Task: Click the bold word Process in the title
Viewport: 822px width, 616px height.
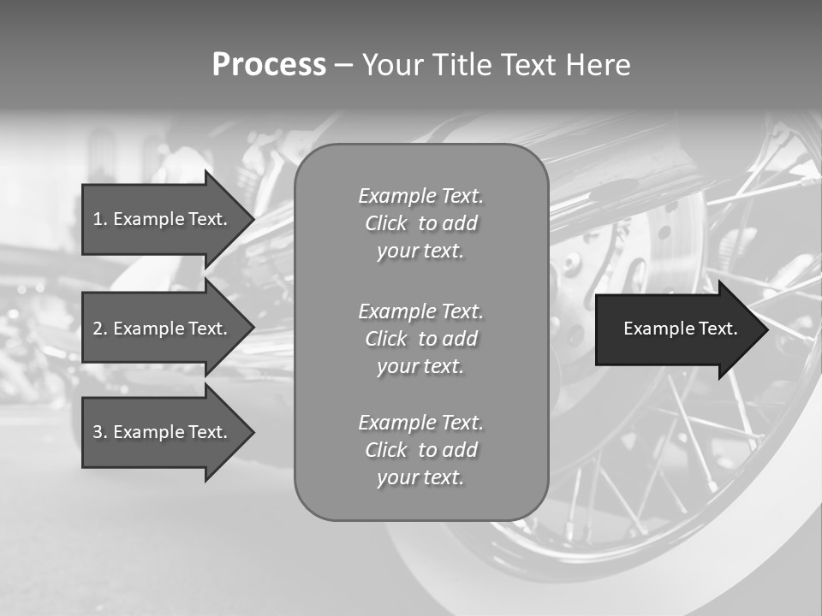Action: point(269,65)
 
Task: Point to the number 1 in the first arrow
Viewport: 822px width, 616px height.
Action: point(98,219)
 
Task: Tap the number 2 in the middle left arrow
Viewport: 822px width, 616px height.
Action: point(98,329)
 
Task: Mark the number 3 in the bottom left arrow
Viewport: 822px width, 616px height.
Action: point(98,432)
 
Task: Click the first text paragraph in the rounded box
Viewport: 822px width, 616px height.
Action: point(420,223)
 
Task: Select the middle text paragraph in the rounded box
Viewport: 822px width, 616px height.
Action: point(420,338)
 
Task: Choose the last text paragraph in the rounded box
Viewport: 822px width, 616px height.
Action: point(420,450)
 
